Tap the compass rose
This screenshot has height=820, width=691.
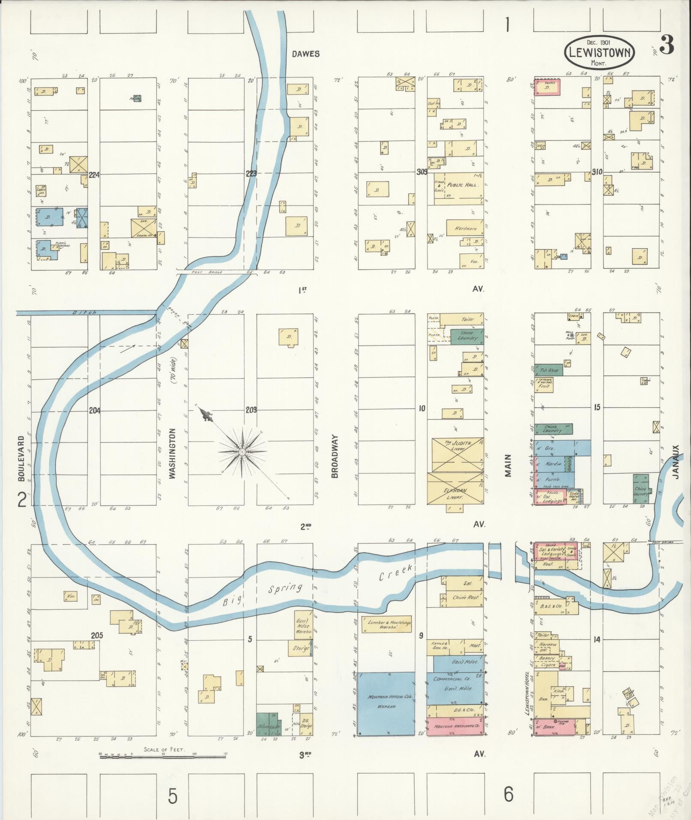coord(242,452)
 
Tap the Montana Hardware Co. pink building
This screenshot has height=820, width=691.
coord(455,727)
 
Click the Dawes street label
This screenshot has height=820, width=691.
coord(305,54)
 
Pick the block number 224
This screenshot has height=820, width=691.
coord(95,174)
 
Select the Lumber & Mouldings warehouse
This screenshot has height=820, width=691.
coord(386,625)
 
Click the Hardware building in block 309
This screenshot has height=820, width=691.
coord(465,228)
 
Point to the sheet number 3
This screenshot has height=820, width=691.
coord(667,45)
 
